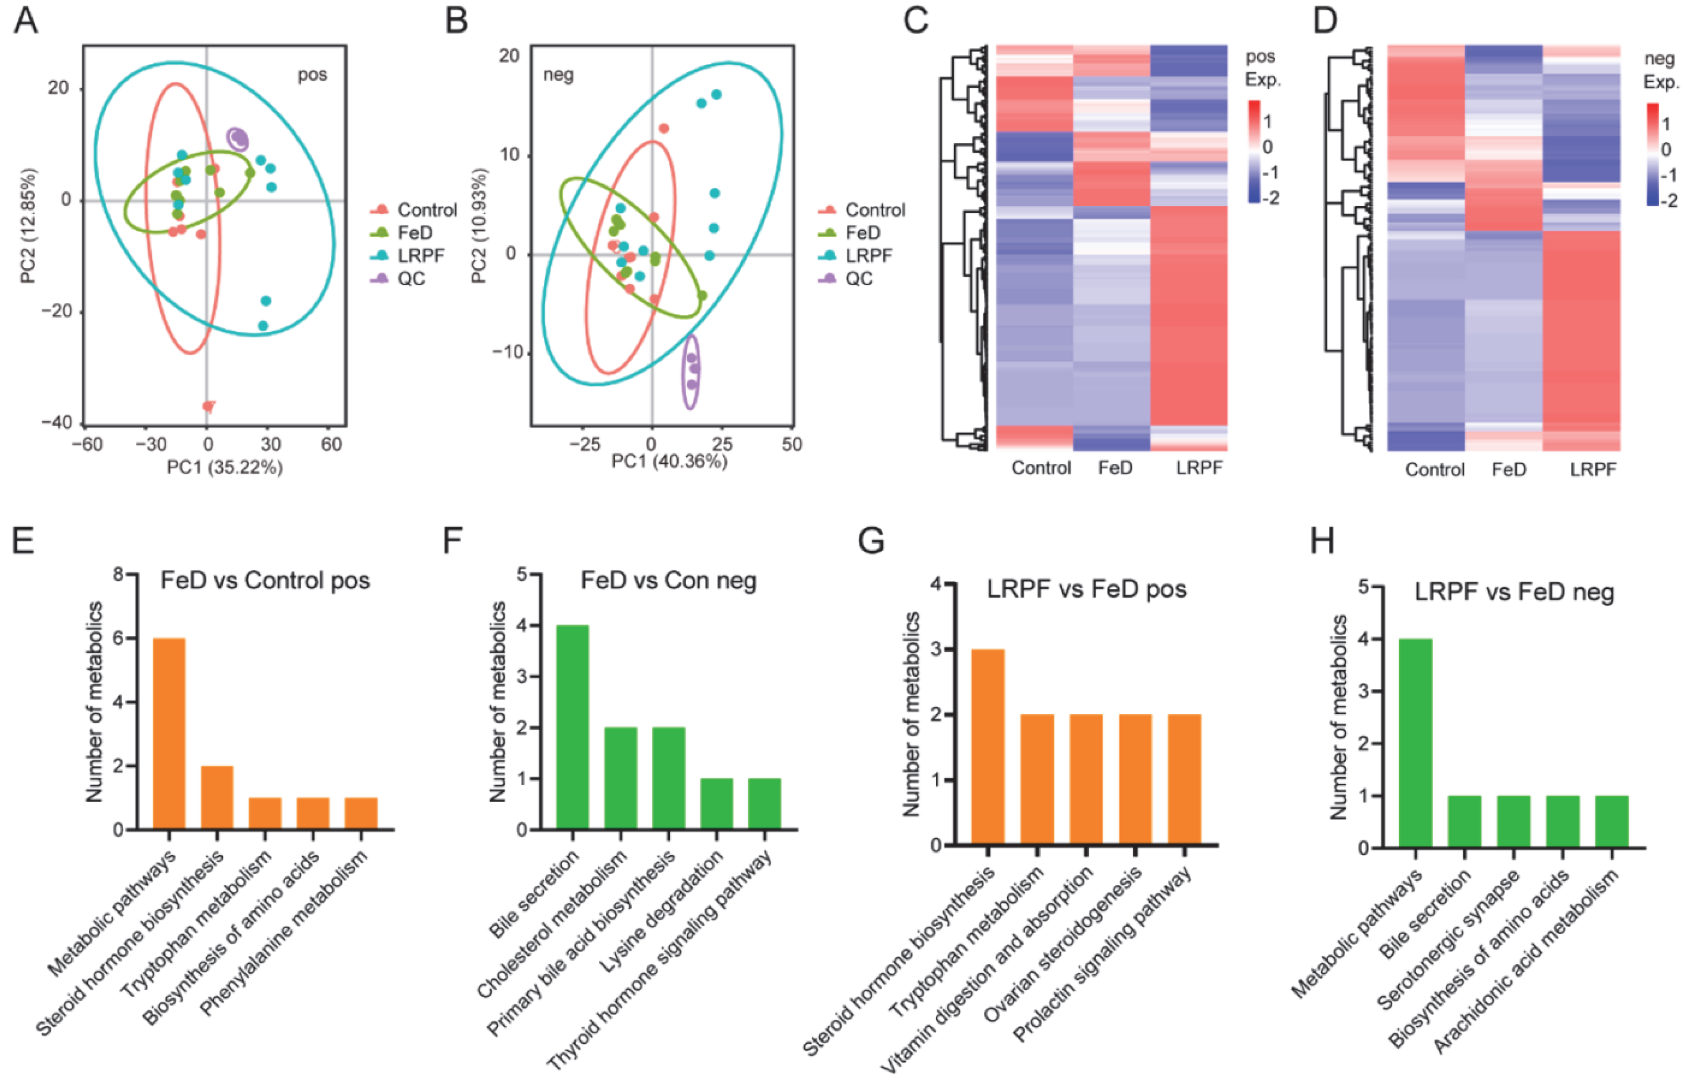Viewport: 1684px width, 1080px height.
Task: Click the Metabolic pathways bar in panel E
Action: pos(169,734)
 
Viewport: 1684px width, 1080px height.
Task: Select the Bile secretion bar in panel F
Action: pos(572,727)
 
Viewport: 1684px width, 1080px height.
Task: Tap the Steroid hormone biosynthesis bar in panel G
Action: pos(987,747)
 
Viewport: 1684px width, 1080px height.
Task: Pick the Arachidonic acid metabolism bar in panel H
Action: pos(1612,821)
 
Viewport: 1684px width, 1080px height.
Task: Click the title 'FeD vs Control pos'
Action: pos(265,581)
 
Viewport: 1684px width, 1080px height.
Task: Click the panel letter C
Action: pos(916,21)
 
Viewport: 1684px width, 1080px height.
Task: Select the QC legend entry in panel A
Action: pos(411,278)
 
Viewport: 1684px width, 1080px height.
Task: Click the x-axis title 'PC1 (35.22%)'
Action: pos(224,467)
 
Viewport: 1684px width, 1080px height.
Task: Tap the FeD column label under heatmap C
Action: pos(1115,468)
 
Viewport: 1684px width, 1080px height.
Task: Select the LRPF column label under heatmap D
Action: pos(1593,469)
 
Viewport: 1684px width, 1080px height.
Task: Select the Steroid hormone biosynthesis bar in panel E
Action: pos(217,798)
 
